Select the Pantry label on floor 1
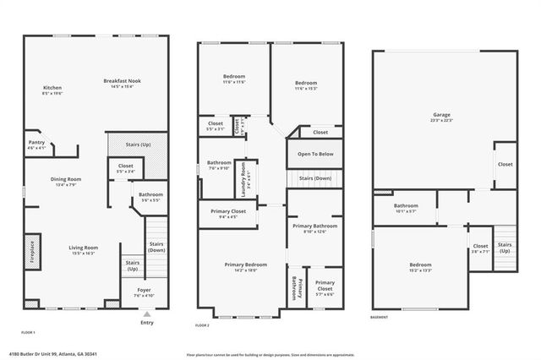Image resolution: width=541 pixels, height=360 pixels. [36, 145]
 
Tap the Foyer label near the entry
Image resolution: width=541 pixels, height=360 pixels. [144, 292]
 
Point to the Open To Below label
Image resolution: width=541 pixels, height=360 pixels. [314, 154]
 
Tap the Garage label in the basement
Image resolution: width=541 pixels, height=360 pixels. [441, 117]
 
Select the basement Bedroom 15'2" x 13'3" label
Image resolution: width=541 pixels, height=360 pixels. [421, 267]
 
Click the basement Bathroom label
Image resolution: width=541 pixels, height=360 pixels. [406, 208]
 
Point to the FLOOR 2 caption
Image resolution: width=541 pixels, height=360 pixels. [202, 325]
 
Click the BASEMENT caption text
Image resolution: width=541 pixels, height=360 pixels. [380, 318]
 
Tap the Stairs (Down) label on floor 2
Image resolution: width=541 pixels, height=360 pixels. [314, 179]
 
